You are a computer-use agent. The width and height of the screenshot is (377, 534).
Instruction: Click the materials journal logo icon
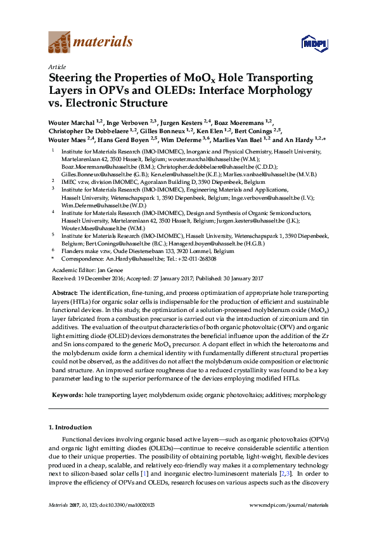60,42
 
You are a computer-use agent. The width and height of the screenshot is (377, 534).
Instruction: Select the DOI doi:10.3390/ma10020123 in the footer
127,505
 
